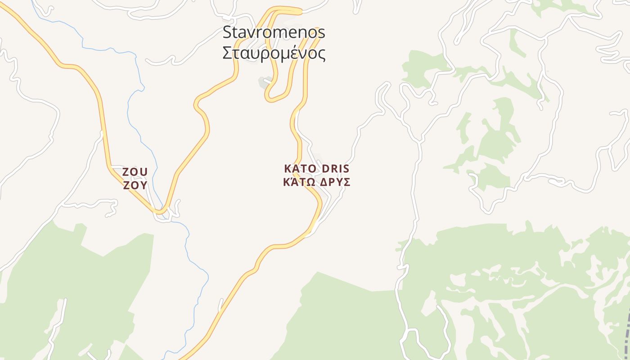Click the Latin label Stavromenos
[274, 32]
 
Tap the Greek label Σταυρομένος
[274, 53]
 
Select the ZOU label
[135, 172]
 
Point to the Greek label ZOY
[135, 185]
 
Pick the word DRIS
[335, 169]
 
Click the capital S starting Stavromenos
[228, 32]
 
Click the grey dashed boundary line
[627, 333]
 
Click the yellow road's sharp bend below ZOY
[159, 211]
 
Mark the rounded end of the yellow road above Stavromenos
[300, 10]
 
